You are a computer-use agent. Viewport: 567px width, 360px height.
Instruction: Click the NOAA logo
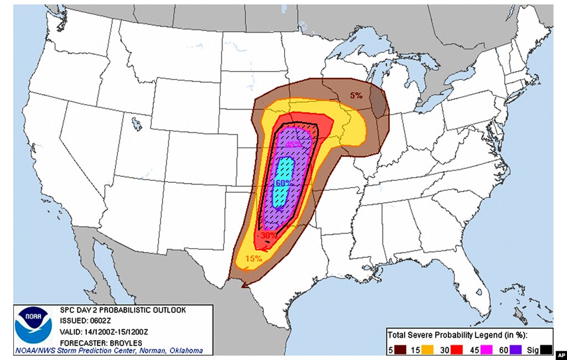click(x=34, y=325)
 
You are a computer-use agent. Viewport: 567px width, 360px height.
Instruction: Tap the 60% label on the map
click(x=282, y=182)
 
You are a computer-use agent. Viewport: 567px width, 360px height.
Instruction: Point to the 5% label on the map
click(x=356, y=95)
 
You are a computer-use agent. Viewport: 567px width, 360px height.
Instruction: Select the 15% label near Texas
click(x=254, y=258)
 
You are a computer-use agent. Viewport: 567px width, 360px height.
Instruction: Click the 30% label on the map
click(x=268, y=235)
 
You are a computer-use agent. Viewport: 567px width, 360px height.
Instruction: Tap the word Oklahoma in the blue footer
click(x=185, y=351)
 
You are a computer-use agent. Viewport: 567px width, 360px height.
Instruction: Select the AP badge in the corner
click(x=560, y=354)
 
